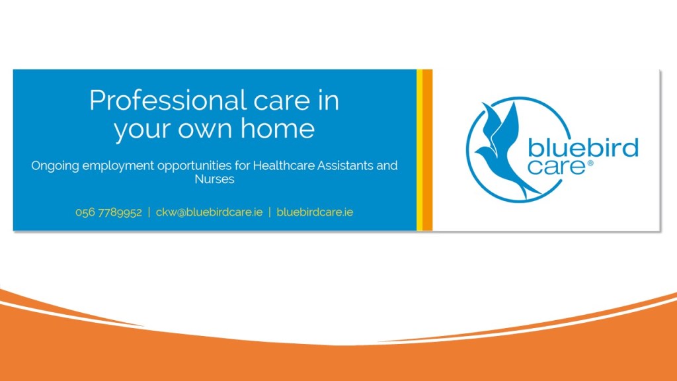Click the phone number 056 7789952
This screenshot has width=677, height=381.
(108, 212)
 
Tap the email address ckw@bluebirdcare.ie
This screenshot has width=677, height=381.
(209, 212)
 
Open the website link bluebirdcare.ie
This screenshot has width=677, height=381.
(315, 212)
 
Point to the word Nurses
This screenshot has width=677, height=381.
(214, 179)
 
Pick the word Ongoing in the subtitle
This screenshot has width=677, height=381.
(55, 166)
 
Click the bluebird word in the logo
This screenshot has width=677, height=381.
(583, 148)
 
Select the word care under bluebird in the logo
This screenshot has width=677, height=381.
(556, 166)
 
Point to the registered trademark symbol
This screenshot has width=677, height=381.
(590, 163)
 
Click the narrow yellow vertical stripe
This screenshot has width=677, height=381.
(419, 150)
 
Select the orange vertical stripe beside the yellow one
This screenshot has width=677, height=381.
(428, 150)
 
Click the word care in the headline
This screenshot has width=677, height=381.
(282, 101)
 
